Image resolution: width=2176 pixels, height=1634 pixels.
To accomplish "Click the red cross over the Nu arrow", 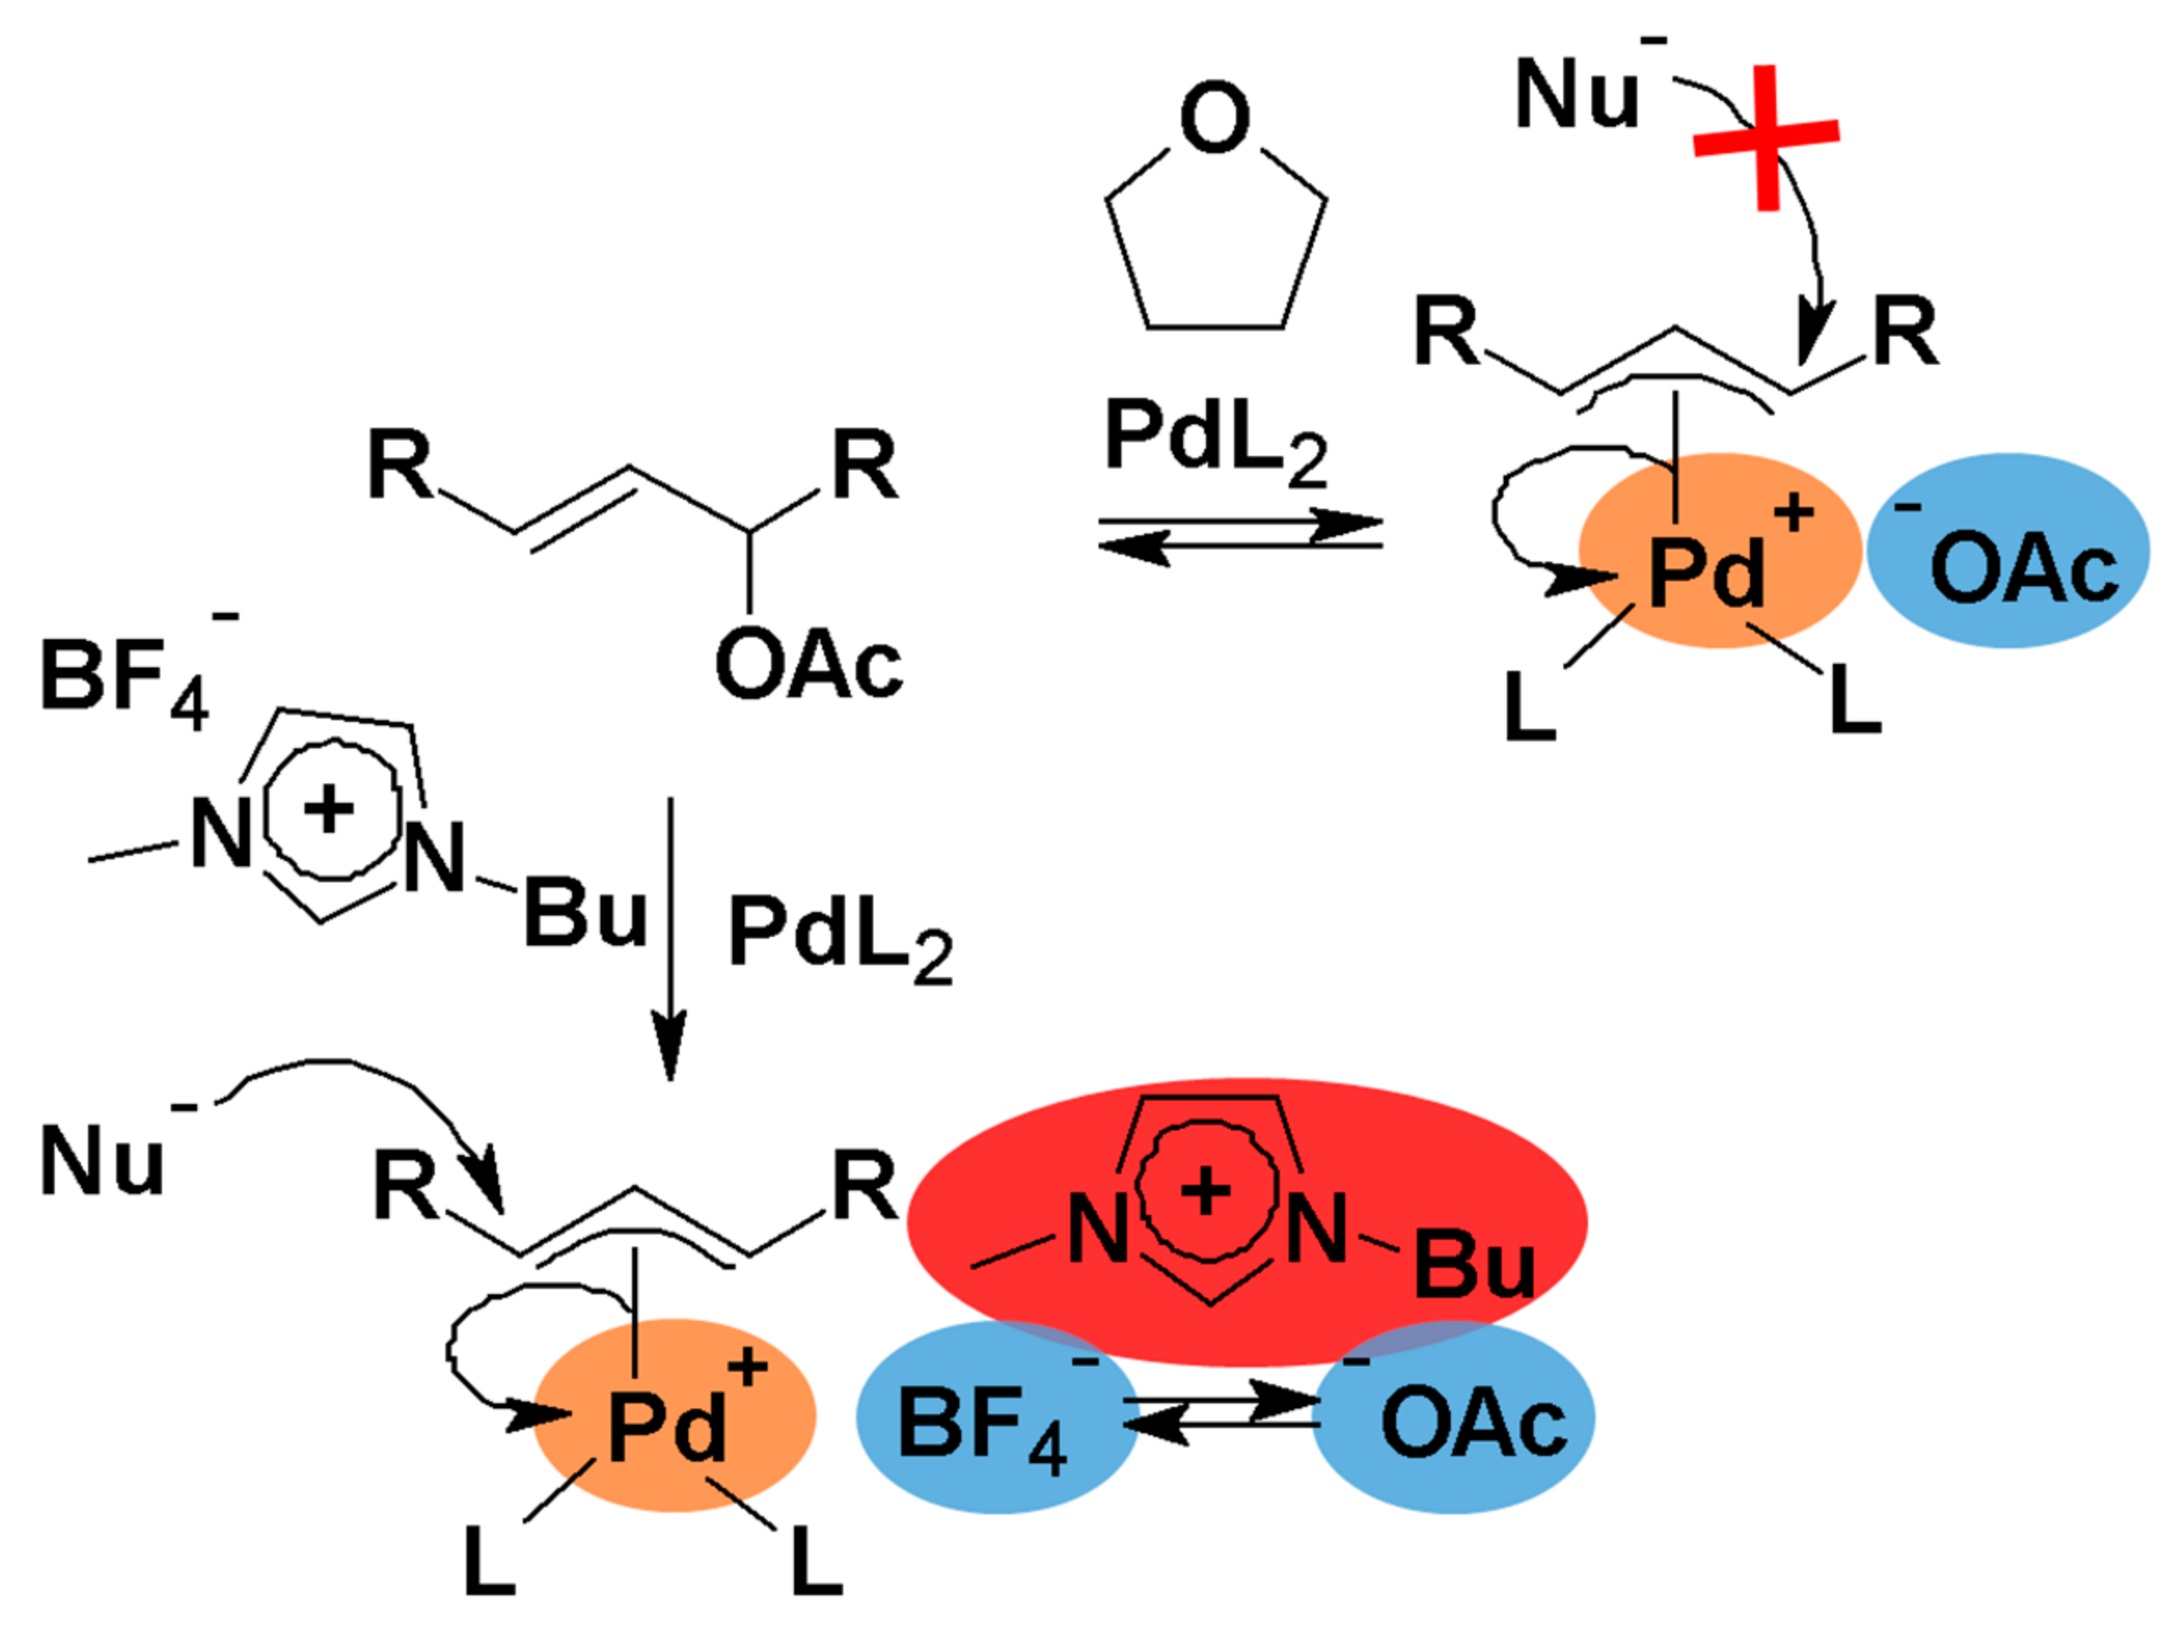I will click(1767, 137).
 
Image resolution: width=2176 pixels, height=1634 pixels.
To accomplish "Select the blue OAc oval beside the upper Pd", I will click(2007, 551).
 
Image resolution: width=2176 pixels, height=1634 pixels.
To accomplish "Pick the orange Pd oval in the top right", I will click(1719, 551).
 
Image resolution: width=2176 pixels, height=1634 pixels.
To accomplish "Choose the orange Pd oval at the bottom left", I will click(674, 1417).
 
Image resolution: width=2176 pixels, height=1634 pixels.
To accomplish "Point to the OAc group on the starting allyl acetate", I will click(809, 666).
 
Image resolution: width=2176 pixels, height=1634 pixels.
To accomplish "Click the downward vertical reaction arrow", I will click(670, 935).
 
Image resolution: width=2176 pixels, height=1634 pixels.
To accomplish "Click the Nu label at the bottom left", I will click(101, 1161).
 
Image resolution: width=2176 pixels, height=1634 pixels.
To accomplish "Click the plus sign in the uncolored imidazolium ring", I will click(327, 810).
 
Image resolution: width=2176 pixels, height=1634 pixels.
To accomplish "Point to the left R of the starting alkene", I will click(399, 466).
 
